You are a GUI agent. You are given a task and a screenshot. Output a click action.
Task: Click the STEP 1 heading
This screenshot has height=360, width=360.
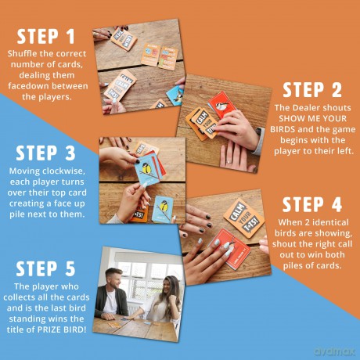point(46,36)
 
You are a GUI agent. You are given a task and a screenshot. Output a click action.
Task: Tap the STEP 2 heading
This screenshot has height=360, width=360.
point(312,90)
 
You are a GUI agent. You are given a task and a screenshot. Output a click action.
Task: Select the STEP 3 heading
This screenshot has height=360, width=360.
point(45,153)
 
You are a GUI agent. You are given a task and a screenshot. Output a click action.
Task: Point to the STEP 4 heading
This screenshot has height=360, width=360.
point(312,204)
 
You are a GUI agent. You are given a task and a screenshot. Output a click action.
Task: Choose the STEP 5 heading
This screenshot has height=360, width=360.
point(45,268)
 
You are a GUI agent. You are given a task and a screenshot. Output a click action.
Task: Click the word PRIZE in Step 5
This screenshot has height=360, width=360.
point(49,329)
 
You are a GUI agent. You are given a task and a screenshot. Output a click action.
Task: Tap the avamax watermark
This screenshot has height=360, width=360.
point(335,351)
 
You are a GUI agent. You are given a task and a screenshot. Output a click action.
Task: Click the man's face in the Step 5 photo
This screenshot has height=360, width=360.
point(115,279)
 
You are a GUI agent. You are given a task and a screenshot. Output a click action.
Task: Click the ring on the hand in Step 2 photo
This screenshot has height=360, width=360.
point(229,162)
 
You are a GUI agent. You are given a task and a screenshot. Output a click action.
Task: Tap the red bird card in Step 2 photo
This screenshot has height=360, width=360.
point(222,104)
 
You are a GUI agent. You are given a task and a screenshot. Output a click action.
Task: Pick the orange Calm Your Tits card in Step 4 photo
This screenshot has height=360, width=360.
point(243,218)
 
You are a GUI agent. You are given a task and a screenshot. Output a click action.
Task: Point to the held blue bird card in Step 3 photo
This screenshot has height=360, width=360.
point(148,171)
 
